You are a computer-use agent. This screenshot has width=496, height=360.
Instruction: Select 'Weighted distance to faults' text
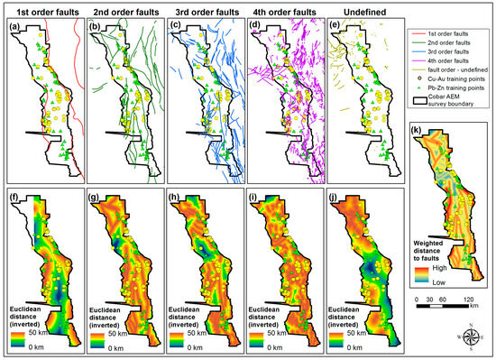[x=436, y=246]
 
